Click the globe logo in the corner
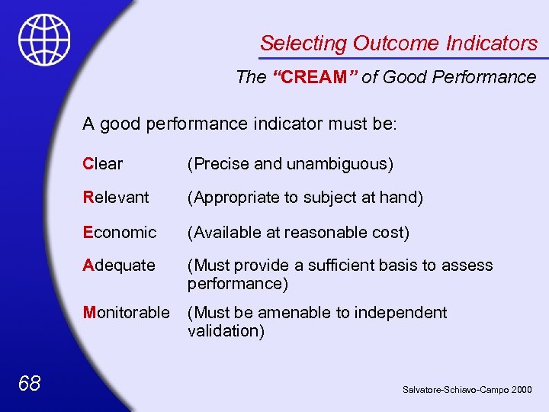click(45, 39)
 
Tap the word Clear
click(103, 164)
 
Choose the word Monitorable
click(126, 313)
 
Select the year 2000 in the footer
click(522, 390)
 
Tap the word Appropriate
click(236, 198)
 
